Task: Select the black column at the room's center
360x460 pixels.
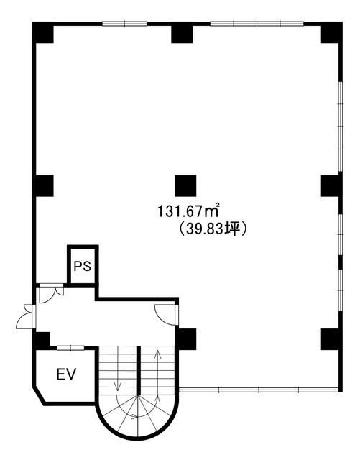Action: coord(185,185)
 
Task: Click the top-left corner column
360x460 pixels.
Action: coord(42,33)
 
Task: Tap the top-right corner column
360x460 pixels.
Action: coord(331,33)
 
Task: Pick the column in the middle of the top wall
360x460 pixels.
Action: coord(182,33)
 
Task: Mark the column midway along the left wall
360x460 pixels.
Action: coord(43,185)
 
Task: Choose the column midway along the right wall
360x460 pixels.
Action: coord(331,185)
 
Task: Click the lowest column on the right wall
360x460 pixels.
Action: coord(331,338)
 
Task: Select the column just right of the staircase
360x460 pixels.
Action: coord(186,338)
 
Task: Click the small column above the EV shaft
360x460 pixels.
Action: coord(42,339)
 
